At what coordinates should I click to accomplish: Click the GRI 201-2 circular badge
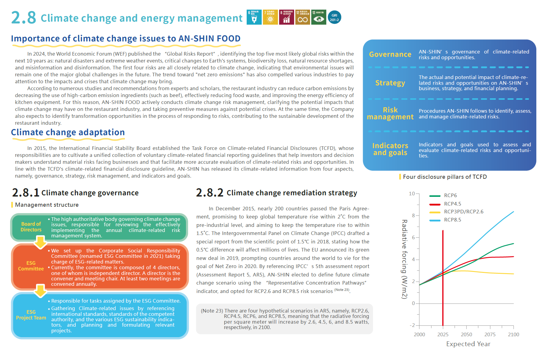click(334, 17)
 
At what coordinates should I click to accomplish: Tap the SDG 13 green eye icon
click(318, 17)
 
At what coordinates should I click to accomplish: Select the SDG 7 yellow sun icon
click(270, 17)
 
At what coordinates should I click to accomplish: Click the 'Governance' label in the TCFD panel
click(390, 54)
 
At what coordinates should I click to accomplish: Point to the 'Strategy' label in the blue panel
click(390, 83)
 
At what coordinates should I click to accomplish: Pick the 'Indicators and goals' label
click(390, 149)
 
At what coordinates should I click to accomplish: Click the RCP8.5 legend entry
click(452, 220)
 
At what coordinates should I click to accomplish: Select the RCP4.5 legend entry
click(452, 204)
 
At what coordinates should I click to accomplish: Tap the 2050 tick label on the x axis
click(466, 334)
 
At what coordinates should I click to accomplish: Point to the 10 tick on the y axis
click(412, 194)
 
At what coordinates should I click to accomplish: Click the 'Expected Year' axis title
click(468, 344)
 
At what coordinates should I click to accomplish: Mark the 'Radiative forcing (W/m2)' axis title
click(404, 259)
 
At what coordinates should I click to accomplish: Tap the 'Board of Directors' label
click(31, 227)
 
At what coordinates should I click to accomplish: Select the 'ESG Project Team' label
click(31, 315)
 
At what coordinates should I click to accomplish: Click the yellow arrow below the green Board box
click(40, 242)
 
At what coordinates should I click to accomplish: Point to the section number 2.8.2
click(209, 193)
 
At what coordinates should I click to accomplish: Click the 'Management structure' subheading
click(47, 205)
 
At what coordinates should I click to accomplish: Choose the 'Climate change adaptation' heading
click(68, 133)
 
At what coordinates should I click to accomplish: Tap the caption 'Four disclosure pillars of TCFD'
click(445, 177)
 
